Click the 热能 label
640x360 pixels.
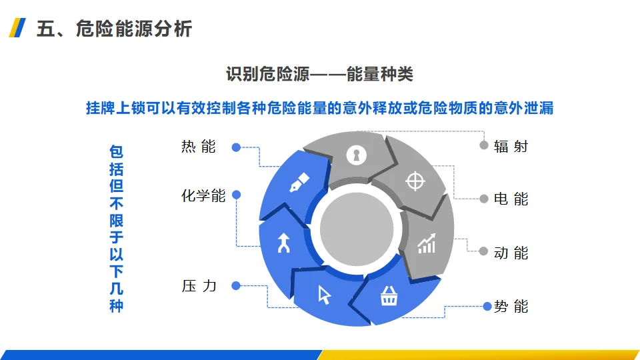(x=199, y=147)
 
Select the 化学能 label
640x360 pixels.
(x=203, y=196)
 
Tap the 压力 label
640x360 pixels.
(x=199, y=286)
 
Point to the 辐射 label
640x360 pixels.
(x=511, y=146)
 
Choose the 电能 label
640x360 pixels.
(x=511, y=199)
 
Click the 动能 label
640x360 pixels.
(x=511, y=253)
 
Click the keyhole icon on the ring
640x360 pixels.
(x=357, y=155)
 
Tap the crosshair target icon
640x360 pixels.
(x=415, y=180)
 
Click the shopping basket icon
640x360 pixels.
(x=389, y=297)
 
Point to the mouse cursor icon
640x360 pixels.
(x=325, y=294)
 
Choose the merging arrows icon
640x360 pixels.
(x=285, y=244)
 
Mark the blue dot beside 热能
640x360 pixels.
(x=236, y=147)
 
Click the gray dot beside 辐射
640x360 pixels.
(x=484, y=145)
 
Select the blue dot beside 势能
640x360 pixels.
(x=487, y=307)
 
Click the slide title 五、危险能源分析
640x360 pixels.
(x=115, y=29)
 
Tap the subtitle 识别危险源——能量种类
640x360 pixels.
(x=320, y=74)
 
